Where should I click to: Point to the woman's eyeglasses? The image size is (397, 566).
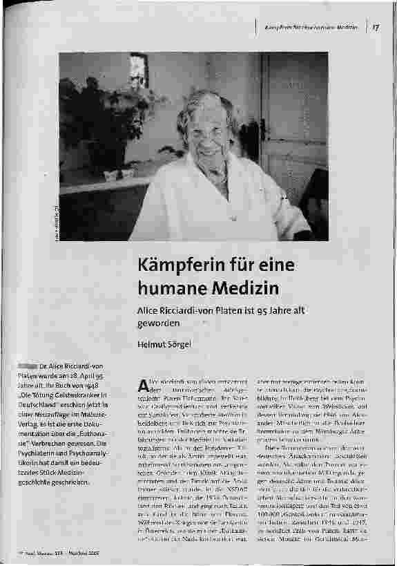tap(205, 129)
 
